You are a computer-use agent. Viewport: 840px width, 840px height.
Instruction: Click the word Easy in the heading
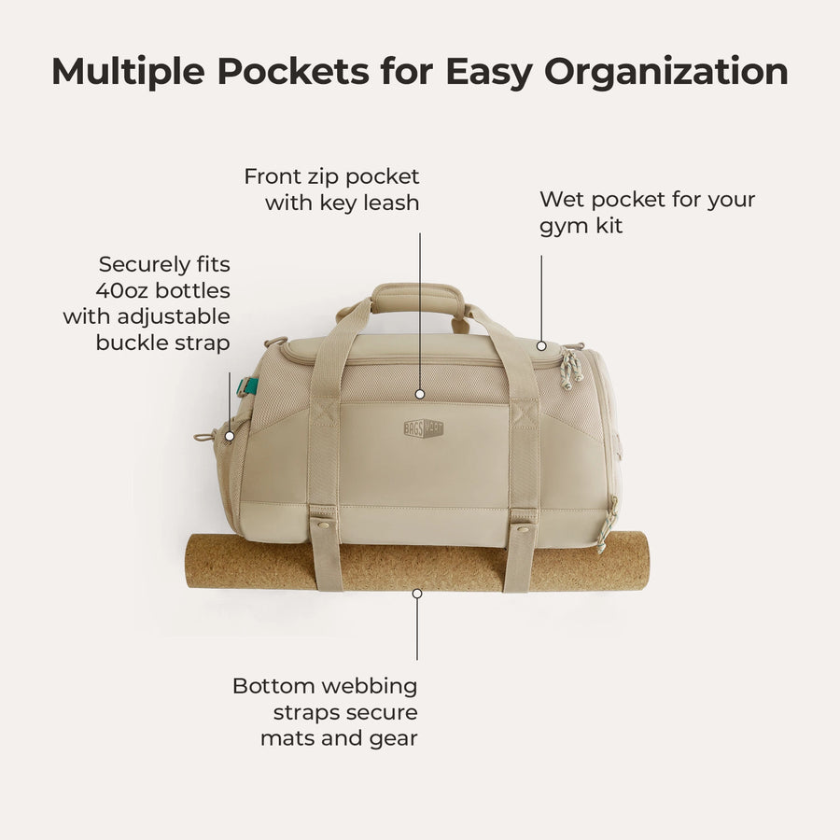pyautogui.click(x=493, y=73)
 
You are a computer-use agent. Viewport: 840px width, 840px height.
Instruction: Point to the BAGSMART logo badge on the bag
pyautogui.click(x=423, y=428)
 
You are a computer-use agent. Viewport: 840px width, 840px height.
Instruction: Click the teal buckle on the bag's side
pyautogui.click(x=248, y=386)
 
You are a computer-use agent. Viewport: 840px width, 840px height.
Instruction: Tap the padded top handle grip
pyautogui.click(x=417, y=299)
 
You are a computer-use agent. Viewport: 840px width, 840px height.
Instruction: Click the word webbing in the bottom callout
pyautogui.click(x=369, y=686)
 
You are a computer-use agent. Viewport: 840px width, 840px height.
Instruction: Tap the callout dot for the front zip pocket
pyautogui.click(x=420, y=395)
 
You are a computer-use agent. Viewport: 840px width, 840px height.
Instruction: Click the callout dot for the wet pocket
pyautogui.click(x=541, y=346)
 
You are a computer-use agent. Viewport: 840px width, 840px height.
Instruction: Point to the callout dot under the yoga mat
pyautogui.click(x=417, y=593)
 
